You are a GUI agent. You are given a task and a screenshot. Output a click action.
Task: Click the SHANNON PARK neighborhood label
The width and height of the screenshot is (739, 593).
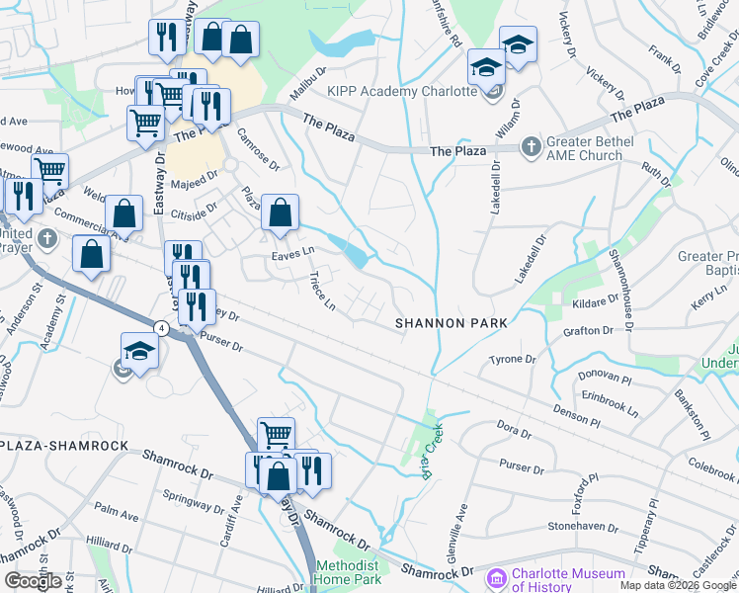452,323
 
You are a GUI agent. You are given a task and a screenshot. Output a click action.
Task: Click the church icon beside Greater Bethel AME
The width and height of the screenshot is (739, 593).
532,147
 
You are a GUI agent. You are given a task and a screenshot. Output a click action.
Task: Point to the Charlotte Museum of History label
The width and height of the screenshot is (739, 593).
569,580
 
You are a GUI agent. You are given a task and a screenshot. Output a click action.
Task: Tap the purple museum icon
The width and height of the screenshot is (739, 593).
497,576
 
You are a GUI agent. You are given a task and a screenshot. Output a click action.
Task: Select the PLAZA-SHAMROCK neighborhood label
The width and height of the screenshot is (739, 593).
65,446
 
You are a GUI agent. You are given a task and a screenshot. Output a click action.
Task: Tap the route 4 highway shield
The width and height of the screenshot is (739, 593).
159,325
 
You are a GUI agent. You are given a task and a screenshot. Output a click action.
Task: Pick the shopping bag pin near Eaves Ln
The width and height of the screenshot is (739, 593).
281,212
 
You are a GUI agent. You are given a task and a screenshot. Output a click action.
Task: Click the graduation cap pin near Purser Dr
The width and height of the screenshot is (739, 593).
139,353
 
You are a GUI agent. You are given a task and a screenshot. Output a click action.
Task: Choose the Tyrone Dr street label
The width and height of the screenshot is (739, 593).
513,360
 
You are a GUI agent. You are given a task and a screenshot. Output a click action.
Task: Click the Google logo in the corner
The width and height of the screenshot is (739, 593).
34,581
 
